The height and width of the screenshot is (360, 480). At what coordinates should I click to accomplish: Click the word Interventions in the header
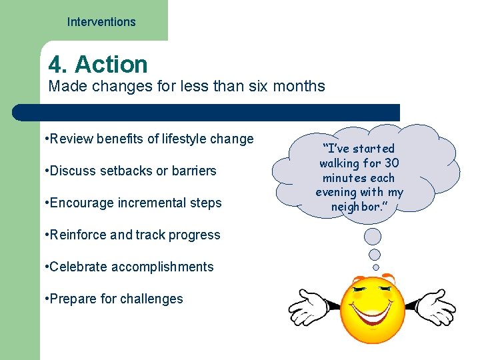pos(101,22)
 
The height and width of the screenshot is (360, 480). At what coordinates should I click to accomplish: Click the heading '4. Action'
pos(98,65)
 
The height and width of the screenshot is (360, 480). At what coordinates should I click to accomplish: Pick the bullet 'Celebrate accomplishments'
pos(128,267)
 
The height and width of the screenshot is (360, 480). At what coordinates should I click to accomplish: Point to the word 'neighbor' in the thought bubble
pos(359,207)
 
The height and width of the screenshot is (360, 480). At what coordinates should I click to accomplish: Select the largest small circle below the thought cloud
pos(373,236)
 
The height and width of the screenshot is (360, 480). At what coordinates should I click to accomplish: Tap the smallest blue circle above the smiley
pos(375,267)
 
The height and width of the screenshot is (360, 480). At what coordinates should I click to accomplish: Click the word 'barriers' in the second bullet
pos(194,171)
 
